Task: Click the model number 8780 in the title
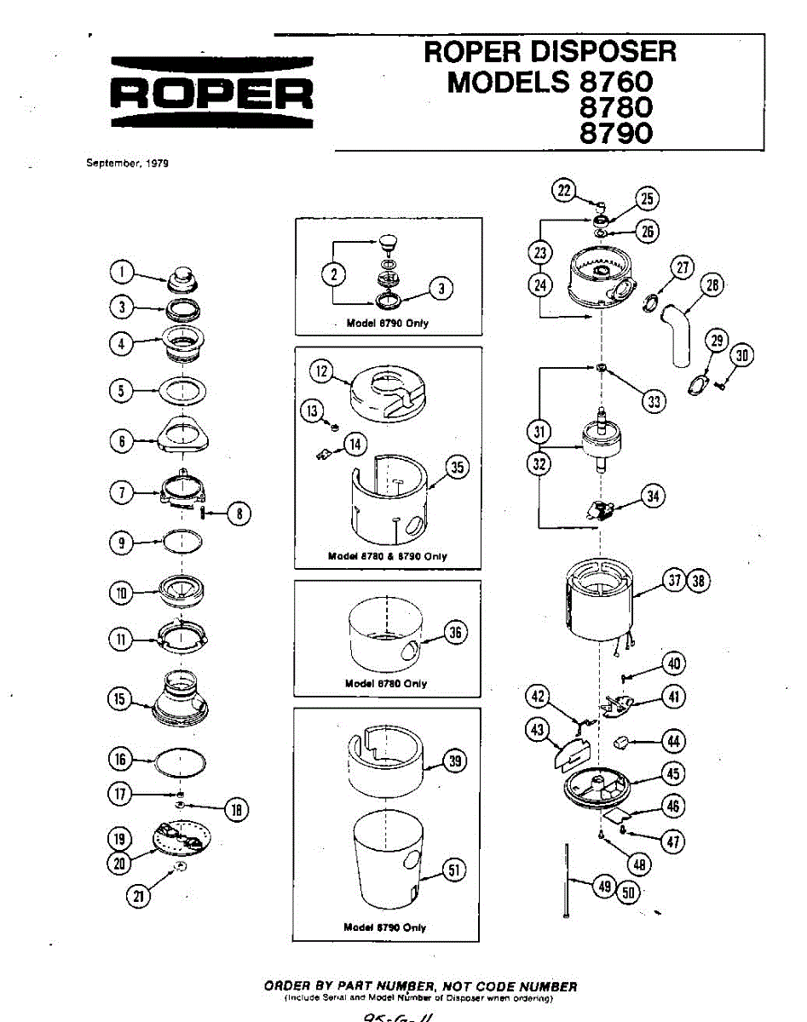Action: point(615,108)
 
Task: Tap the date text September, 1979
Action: point(127,164)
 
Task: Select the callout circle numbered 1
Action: point(123,273)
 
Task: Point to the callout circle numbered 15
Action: point(120,699)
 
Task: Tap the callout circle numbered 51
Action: point(455,869)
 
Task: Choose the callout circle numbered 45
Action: point(673,774)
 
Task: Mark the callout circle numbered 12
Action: point(321,371)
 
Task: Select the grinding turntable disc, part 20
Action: point(181,836)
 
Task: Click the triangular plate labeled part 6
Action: point(184,435)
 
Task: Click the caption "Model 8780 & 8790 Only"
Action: point(387,556)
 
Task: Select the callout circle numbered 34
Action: point(653,496)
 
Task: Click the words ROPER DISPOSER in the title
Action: point(550,53)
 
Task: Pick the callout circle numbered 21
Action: point(135,894)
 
